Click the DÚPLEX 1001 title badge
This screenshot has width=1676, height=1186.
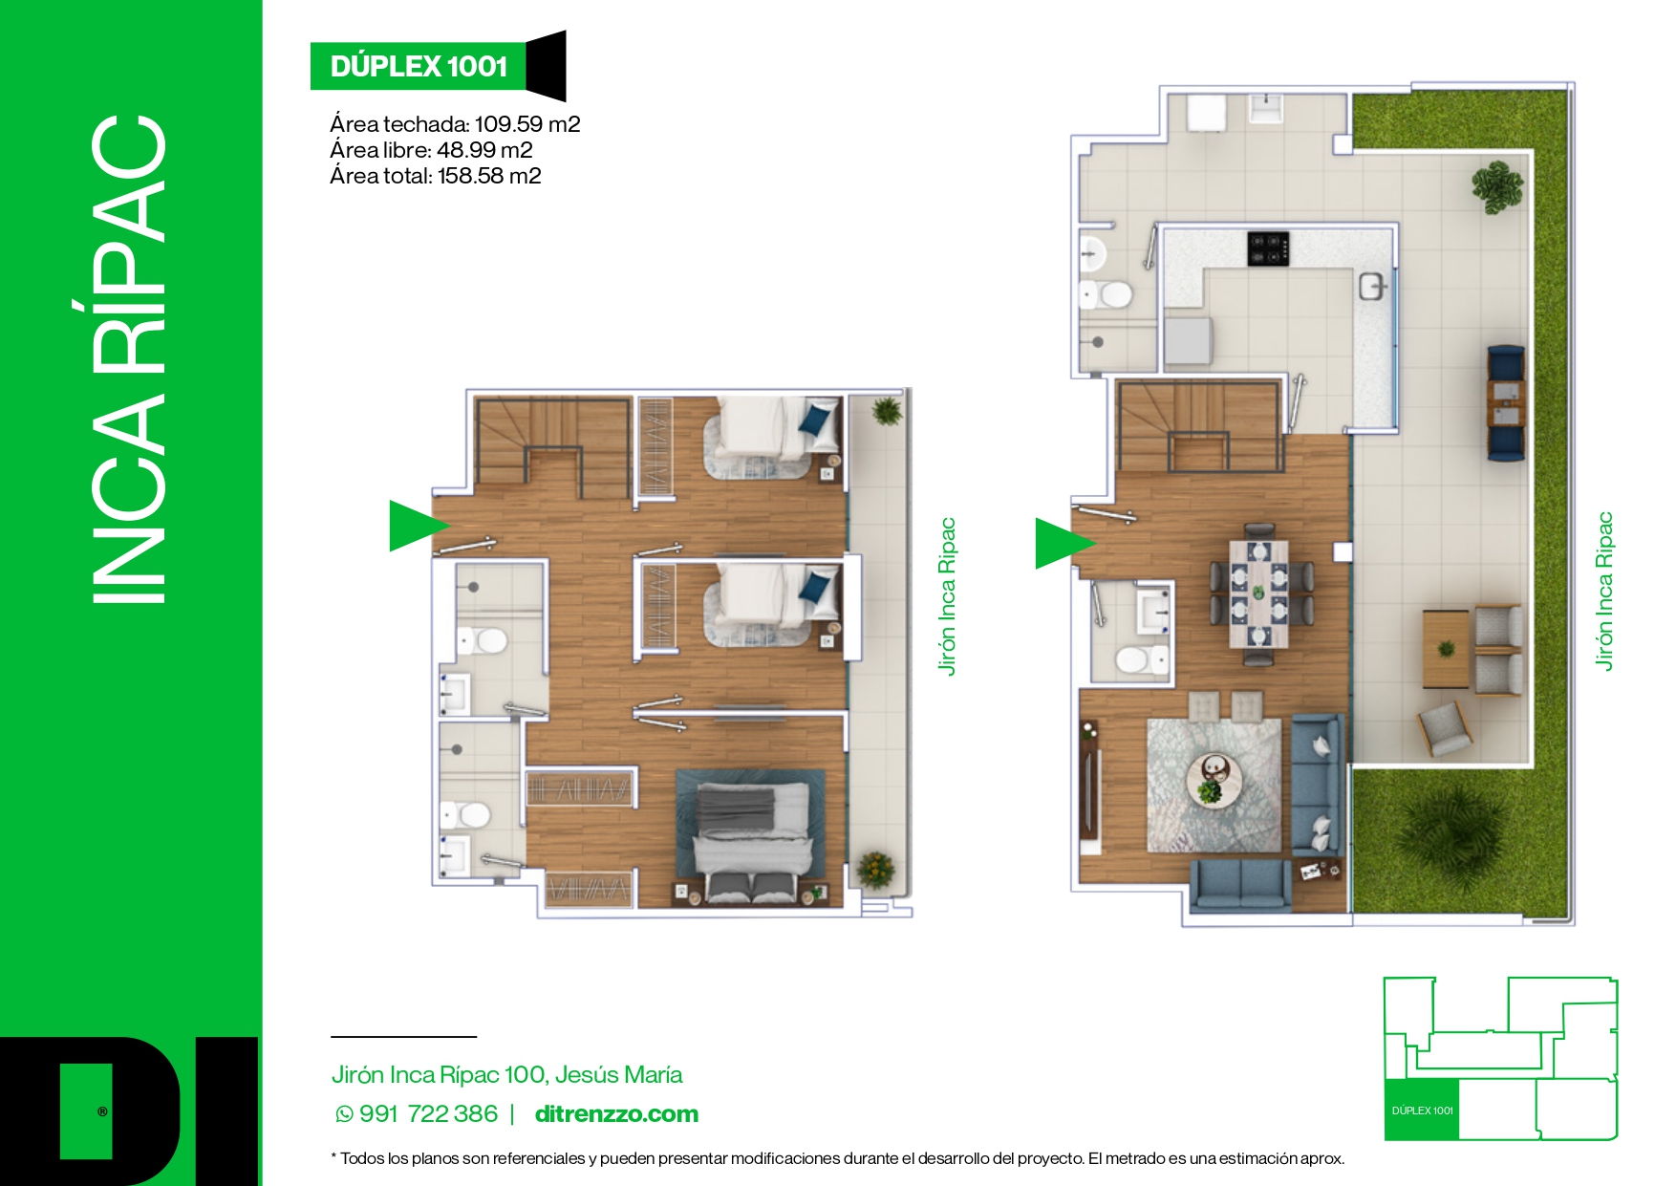419,66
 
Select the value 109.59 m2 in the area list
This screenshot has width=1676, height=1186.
527,124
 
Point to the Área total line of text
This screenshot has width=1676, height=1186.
436,176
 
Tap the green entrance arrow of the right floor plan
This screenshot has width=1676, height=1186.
1060,543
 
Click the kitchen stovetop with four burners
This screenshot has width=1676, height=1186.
1268,248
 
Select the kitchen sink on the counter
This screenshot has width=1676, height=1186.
1372,286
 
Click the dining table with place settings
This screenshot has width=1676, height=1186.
1258,593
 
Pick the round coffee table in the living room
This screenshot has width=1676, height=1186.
1214,780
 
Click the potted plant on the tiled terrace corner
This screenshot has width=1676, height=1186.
1496,185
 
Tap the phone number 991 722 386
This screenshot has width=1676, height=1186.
428,1114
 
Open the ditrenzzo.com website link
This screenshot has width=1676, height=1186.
616,1114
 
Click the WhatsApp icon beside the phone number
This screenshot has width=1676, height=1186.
344,1114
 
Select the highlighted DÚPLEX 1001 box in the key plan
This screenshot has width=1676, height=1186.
1422,1110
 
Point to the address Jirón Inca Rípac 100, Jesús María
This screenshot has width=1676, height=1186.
506,1075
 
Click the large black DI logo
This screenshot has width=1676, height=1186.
129,1111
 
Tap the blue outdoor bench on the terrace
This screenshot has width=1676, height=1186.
1506,402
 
